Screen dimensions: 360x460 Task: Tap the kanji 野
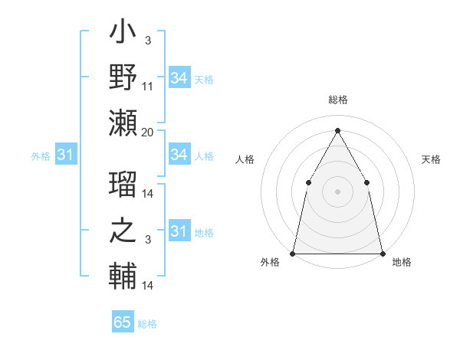(123, 79)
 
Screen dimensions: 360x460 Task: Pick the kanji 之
(123, 232)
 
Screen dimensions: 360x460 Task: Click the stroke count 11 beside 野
(148, 86)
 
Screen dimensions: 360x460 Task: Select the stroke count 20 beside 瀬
(148, 133)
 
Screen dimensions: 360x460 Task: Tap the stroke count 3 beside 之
(148, 240)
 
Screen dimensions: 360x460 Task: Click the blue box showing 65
(123, 322)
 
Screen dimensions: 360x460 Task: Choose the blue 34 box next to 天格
(179, 78)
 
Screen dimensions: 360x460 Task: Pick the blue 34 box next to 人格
(179, 155)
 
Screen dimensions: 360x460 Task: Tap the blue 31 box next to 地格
(179, 231)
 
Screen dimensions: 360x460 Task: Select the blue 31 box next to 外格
(65, 155)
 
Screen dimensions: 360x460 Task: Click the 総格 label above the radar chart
(337, 100)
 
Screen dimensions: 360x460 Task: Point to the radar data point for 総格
(337, 130)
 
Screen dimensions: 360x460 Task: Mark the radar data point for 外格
(293, 253)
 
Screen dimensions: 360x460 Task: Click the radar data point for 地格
(382, 253)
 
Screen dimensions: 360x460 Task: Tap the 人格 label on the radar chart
(245, 159)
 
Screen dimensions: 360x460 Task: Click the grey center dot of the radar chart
(337, 191)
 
